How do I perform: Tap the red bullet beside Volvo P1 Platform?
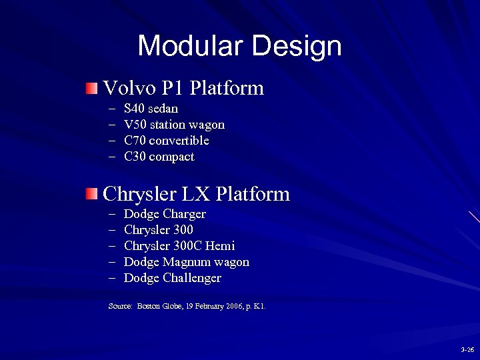[x=91, y=88]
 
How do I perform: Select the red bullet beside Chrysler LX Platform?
[x=91, y=194]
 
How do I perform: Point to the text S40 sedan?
[x=151, y=109]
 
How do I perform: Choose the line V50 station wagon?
[x=174, y=125]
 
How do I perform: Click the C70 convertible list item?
[x=166, y=141]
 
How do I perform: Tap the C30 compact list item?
[x=159, y=157]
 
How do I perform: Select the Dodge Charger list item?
[x=165, y=214]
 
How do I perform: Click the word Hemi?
[x=221, y=246]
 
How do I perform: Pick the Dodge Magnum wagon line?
[x=187, y=262]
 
